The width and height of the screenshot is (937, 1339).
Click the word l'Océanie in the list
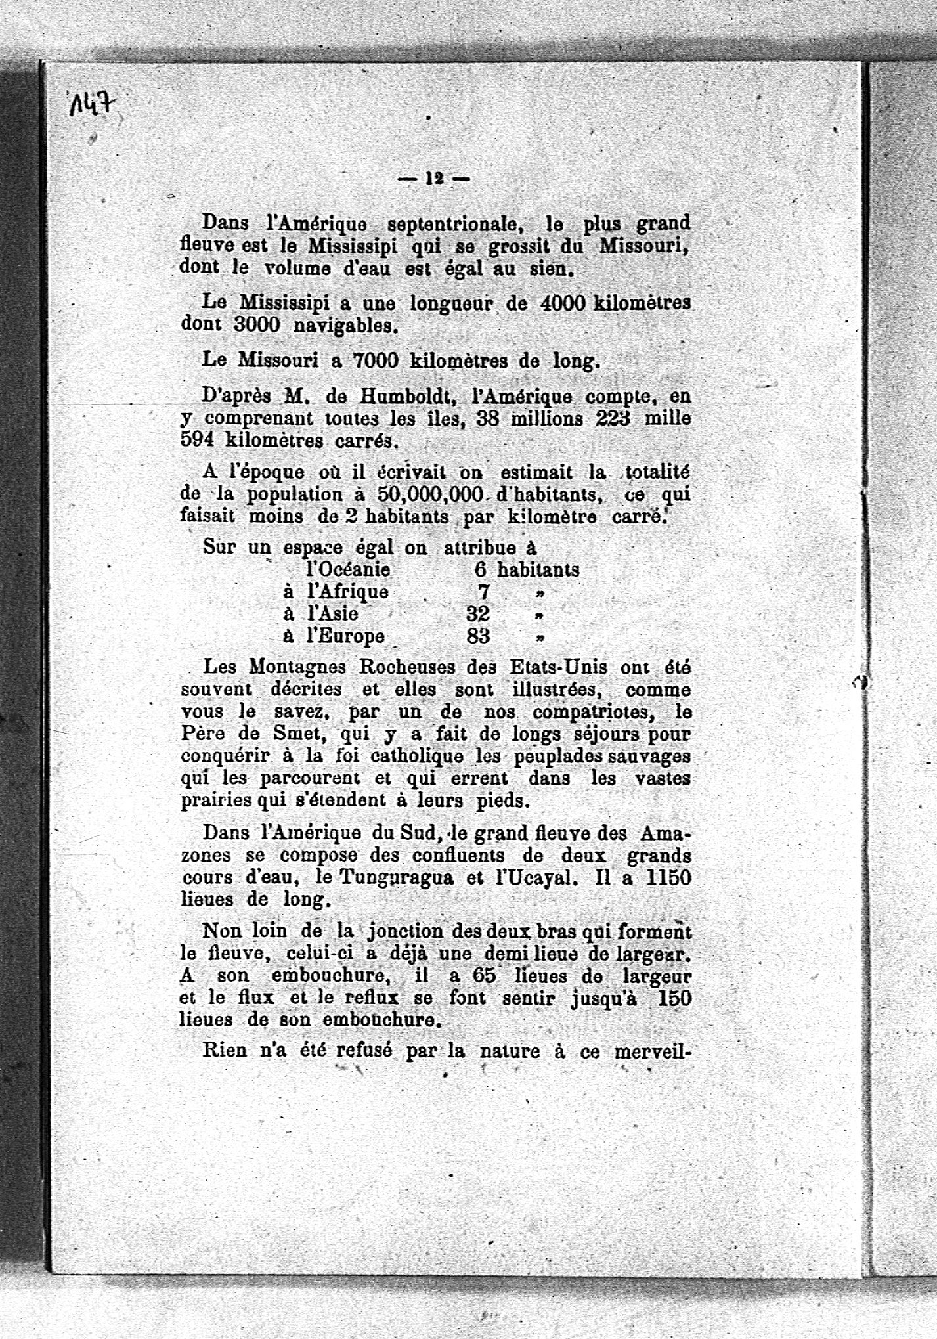[x=348, y=569]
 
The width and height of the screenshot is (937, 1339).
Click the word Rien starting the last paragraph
[x=225, y=1049]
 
